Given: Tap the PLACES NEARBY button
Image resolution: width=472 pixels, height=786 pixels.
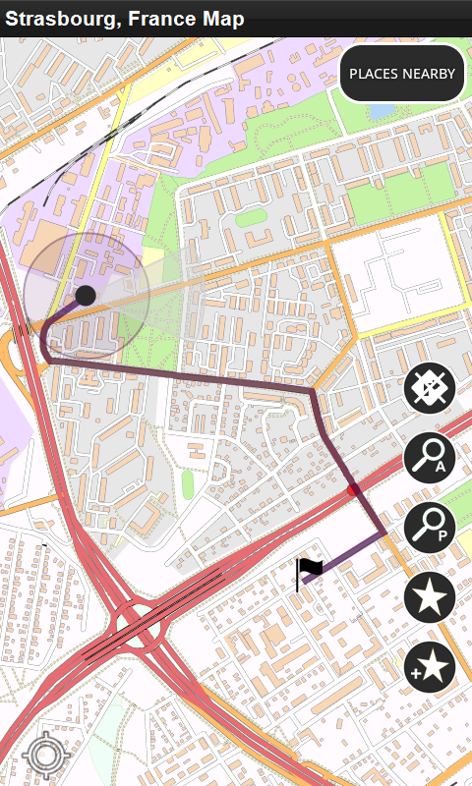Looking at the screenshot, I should click(x=402, y=74).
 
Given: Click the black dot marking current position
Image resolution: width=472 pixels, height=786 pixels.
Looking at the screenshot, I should click(x=86, y=295).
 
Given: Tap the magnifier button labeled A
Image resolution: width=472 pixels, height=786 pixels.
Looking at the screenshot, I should click(x=430, y=459).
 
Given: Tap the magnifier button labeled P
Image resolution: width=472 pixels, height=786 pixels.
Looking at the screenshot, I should click(x=430, y=528).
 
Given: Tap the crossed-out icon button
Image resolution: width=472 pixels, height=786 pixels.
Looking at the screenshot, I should click(x=430, y=389).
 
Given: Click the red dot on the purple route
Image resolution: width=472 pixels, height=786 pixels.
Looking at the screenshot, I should click(x=354, y=489).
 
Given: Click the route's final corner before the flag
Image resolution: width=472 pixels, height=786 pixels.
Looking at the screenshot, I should click(x=383, y=533).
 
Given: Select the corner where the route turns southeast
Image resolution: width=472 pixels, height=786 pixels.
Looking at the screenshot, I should click(x=314, y=391).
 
